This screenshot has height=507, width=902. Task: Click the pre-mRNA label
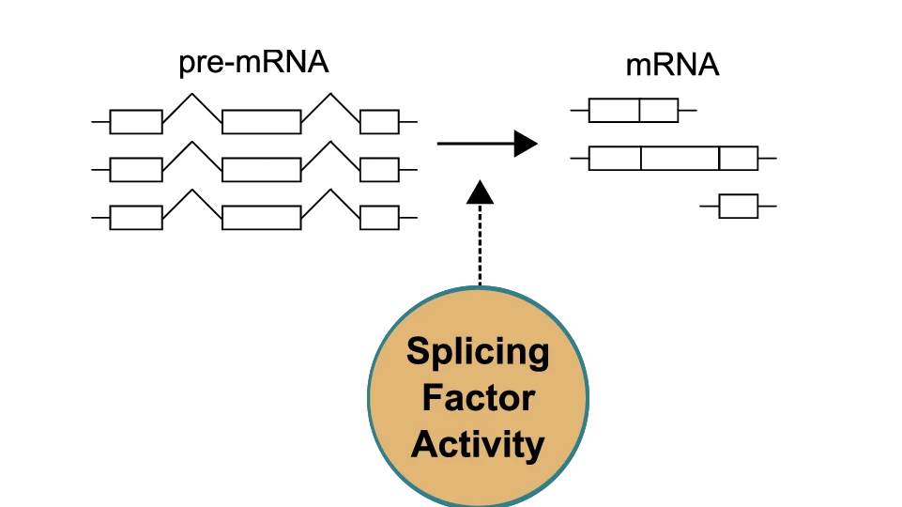253,64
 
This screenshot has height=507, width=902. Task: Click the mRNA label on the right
672,66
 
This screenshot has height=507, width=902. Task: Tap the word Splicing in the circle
478,352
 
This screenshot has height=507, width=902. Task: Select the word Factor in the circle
478,397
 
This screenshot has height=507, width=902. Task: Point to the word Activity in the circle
478,443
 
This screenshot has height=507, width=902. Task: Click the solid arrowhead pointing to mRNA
526,144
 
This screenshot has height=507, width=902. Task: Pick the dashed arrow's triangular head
480,192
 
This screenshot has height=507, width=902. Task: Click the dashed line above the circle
480,244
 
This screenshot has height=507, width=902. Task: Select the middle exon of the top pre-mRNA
262,122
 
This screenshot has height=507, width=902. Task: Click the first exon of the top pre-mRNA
136,122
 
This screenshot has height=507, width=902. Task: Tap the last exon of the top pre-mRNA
379,122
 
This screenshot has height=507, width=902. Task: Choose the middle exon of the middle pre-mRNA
262,169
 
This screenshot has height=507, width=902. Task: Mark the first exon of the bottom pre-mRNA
136,217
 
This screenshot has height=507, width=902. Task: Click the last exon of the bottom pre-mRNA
379,217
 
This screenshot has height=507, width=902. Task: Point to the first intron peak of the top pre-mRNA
192,95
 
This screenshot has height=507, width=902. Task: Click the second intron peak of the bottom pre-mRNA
330,191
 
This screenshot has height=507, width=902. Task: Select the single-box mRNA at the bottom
738,207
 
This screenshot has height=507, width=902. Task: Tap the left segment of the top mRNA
614,111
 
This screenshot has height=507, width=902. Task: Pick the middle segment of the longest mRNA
680,158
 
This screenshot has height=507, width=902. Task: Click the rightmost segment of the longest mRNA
738,158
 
